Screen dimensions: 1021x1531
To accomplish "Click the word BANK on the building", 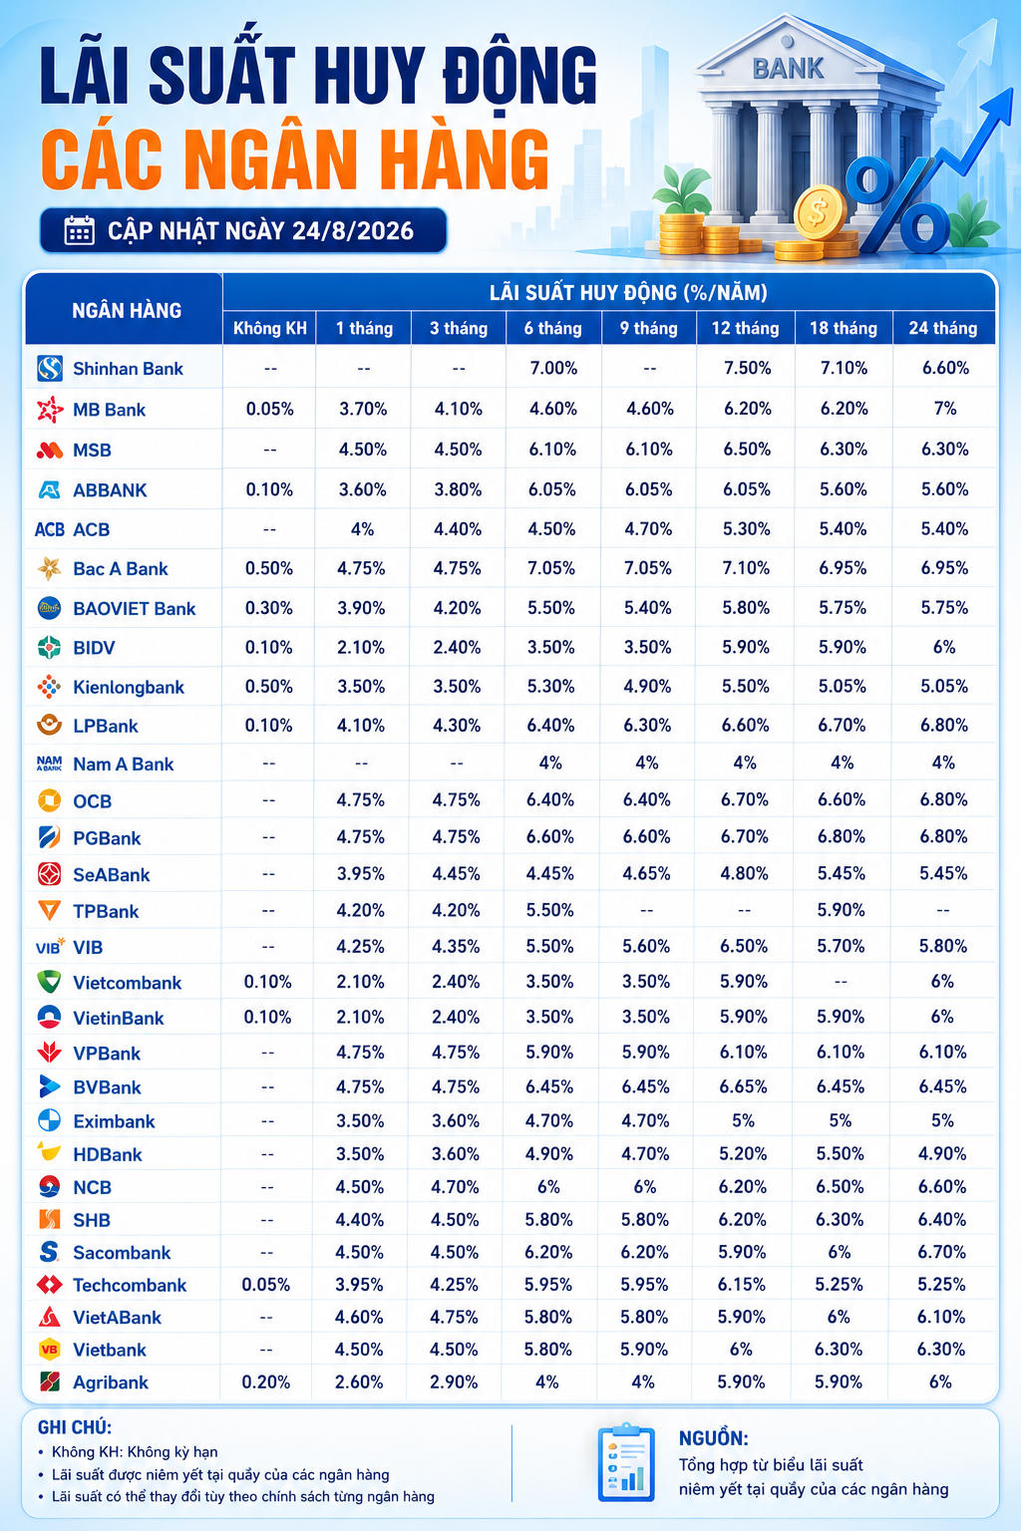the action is (788, 69).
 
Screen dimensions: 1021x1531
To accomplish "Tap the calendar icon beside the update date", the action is (80, 230).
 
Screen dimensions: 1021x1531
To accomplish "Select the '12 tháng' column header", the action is (746, 328).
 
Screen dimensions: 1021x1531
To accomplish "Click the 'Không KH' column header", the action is (270, 328).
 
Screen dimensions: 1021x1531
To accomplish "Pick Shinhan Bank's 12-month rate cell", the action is (747, 368).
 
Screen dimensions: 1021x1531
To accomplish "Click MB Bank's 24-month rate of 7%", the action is (945, 408).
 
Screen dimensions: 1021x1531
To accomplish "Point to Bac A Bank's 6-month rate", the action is (551, 568).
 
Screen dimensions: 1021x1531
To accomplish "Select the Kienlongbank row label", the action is (129, 687).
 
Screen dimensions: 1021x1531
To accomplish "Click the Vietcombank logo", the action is (49, 982).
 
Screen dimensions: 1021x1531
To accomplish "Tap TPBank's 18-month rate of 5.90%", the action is (842, 910).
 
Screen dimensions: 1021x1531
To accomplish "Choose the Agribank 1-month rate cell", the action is (359, 1382).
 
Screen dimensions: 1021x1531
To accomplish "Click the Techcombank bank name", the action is (130, 1285).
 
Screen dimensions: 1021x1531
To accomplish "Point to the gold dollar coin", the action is (820, 212).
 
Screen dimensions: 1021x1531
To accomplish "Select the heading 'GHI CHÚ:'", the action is (75, 1427).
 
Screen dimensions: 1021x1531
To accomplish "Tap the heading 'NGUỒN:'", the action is (714, 1438).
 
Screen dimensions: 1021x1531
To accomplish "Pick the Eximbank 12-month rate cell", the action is (743, 1120).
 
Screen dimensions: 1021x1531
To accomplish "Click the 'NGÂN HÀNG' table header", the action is (128, 310).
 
